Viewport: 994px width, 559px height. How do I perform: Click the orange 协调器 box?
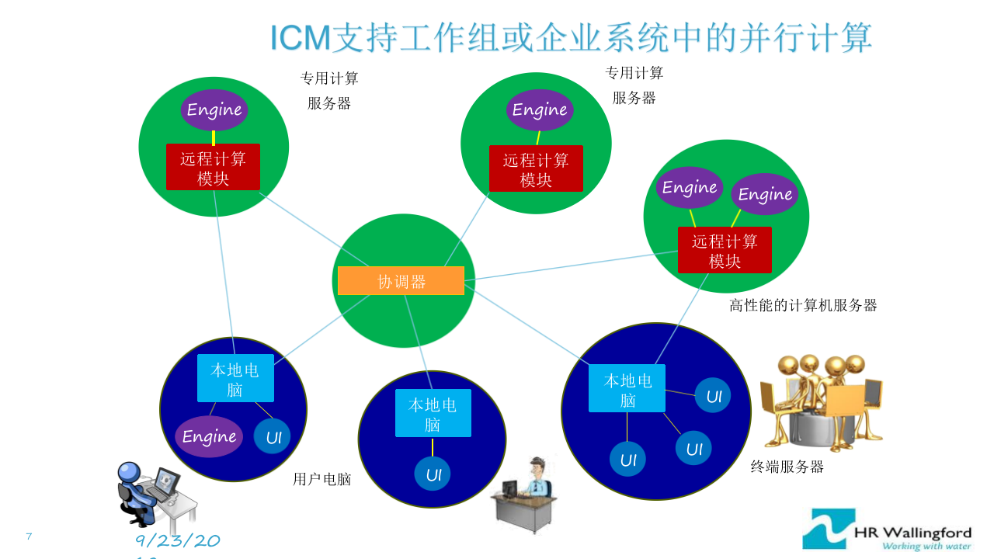point(401,281)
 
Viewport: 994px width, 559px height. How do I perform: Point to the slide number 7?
point(29,536)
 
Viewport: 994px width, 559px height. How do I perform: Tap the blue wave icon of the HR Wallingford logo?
point(829,529)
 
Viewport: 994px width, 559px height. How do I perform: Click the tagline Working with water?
point(926,546)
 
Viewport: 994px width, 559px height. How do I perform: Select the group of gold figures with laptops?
point(822,402)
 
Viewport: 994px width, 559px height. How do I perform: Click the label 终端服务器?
point(787,467)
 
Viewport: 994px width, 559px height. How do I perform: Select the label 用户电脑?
point(321,479)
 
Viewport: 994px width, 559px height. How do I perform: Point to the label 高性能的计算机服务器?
point(803,305)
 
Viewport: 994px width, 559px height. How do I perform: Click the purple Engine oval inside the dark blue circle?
point(209,436)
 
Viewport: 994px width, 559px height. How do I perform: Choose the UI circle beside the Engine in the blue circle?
point(273,437)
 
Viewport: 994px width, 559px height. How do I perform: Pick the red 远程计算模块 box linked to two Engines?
point(725,250)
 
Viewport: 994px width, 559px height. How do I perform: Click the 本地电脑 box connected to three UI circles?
point(627,388)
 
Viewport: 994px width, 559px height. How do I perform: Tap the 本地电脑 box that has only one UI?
point(433,413)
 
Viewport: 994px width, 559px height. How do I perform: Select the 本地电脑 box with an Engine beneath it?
point(235,378)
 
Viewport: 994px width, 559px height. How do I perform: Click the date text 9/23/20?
point(178,541)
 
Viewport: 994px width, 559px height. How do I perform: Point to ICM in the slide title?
point(301,38)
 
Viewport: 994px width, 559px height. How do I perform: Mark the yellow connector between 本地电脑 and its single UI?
point(433,447)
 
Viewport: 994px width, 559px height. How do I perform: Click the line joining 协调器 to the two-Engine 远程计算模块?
point(571,265)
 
